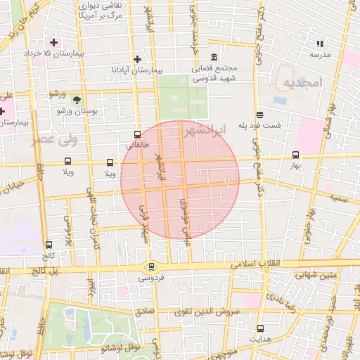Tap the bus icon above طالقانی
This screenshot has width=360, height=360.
[137, 134]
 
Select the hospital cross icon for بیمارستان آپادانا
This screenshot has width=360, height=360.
[138, 59]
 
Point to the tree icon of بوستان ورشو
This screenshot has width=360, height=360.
[77, 100]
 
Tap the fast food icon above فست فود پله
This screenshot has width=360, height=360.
[260, 114]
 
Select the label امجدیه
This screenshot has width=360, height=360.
[302, 84]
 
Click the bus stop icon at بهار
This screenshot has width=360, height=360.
[295, 155]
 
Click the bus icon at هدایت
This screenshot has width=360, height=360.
[260, 328]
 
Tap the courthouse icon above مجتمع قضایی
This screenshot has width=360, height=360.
[214, 57]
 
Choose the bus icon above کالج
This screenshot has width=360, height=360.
[49, 246]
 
